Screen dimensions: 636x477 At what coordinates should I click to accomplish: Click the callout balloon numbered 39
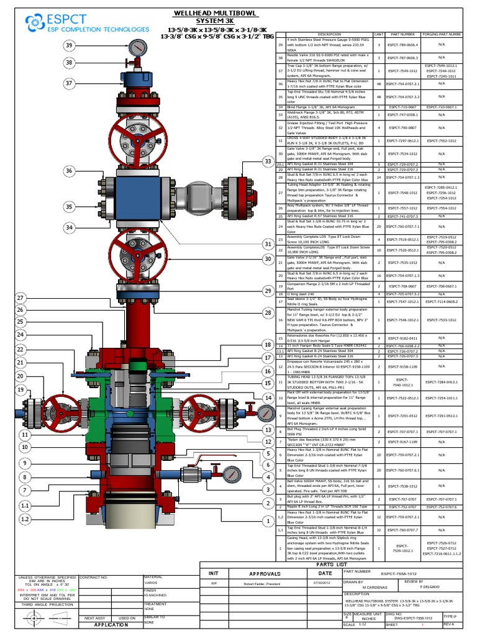[x=69, y=45]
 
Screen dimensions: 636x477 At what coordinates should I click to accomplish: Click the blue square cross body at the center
[x=134, y=196]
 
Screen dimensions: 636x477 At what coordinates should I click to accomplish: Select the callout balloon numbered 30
[x=268, y=258]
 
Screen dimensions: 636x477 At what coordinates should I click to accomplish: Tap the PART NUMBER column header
[x=403, y=34]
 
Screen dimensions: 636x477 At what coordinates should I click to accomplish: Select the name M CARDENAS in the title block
[x=370, y=587]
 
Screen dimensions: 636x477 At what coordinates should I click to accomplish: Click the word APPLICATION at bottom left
[x=111, y=625]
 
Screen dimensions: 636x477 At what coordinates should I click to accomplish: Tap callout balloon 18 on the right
[x=268, y=344]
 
